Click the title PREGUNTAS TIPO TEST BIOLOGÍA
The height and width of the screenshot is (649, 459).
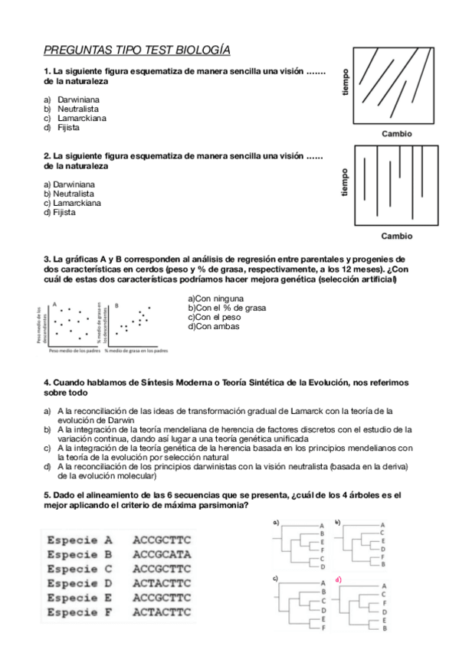(x=136, y=51)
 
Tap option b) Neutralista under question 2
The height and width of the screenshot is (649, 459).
(x=69, y=194)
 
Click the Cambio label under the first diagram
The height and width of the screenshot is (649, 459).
(x=396, y=133)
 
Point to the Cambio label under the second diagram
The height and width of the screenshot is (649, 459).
(x=396, y=236)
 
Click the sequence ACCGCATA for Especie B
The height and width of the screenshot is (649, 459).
(x=162, y=553)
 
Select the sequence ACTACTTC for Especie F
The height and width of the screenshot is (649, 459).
(x=162, y=613)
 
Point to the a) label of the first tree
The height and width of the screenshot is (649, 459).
(x=275, y=523)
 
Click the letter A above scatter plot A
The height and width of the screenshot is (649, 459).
(x=54, y=305)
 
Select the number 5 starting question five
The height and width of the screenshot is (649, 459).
(x=46, y=495)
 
